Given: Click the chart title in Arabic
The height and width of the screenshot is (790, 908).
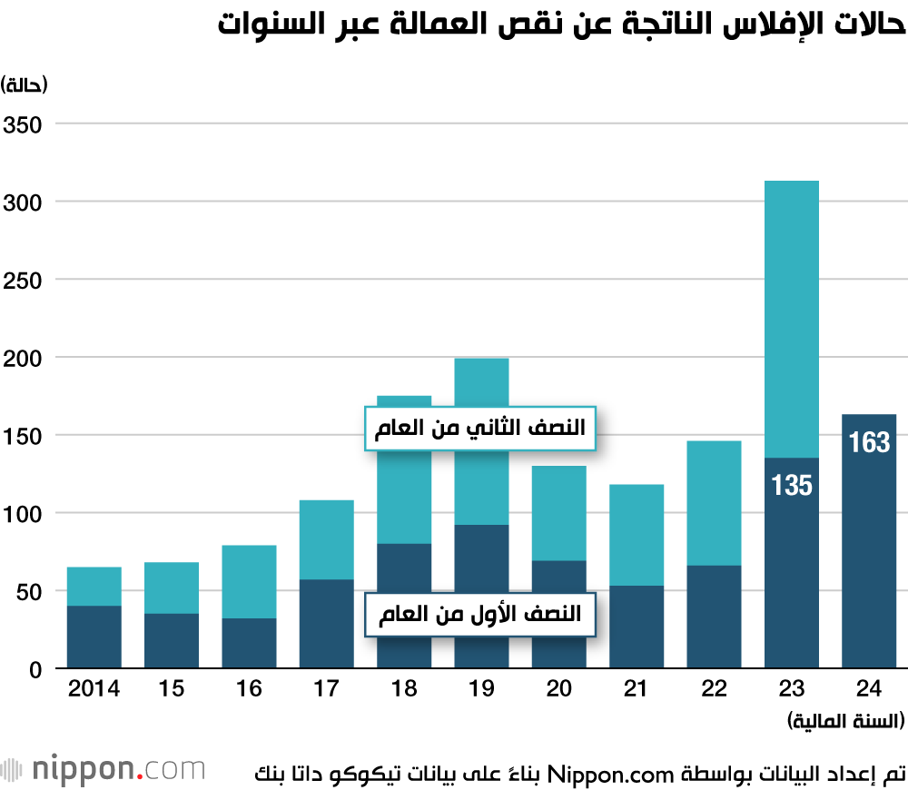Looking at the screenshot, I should click(562, 25).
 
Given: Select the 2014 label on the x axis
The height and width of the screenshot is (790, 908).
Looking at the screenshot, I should click(94, 689).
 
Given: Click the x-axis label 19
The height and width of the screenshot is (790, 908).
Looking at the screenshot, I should click(481, 689).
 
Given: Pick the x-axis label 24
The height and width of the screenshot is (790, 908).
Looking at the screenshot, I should click(869, 689).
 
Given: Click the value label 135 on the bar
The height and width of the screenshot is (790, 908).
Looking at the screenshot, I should click(792, 485).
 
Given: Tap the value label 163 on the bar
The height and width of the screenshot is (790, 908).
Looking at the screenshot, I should click(869, 443).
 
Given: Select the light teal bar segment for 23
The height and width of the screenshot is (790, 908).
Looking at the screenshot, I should click(792, 318).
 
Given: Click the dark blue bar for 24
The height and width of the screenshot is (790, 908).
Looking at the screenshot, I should click(869, 563).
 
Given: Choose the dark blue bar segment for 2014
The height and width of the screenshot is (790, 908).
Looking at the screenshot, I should click(94, 637).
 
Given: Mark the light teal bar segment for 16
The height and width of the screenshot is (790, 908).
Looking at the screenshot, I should click(249, 581).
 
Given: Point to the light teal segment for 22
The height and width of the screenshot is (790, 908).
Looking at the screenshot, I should click(714, 503).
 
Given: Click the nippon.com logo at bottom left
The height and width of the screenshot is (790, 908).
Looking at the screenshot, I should click(104, 770).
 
